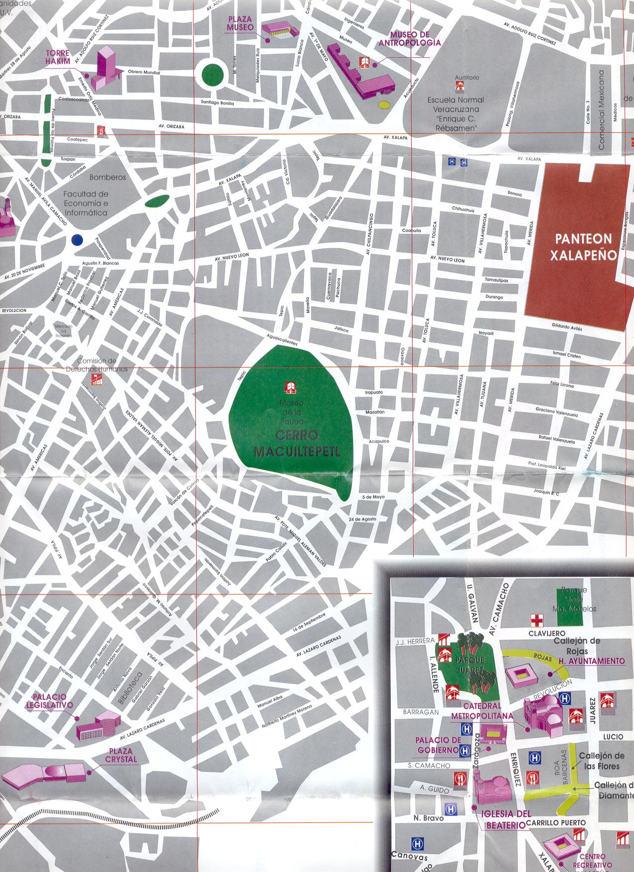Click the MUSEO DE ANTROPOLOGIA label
coord(415,38)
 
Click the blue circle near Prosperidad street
coord(77,240)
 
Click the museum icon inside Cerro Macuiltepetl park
coord(290,387)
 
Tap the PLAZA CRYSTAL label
coord(121,756)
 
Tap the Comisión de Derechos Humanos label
coord(98,365)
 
